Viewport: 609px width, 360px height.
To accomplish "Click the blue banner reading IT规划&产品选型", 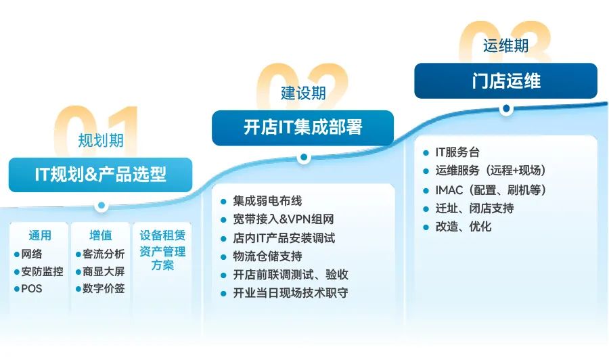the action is (100, 175).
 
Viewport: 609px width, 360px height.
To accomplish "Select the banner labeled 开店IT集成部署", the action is (302, 128).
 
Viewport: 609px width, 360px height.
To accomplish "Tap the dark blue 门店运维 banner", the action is (505, 81).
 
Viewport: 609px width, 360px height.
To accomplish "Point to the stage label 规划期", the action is (101, 140).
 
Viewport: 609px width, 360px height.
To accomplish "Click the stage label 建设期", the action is (303, 93).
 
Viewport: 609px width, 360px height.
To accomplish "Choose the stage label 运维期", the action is (505, 46).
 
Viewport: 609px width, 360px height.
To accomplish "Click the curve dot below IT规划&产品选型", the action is (101, 205).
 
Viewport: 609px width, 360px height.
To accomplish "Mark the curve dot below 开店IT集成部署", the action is (304, 157).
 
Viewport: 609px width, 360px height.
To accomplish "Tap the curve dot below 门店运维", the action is (506, 109).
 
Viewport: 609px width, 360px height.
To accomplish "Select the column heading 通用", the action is (40, 235).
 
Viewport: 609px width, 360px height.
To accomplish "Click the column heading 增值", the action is (101, 235).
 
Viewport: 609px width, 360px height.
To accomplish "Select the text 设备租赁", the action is (162, 235).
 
